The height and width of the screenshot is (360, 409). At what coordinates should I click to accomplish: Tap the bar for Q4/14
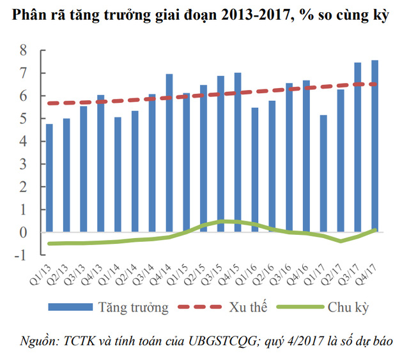tap(169, 153)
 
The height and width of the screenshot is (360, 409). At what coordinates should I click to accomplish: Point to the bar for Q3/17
tap(357, 147)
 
